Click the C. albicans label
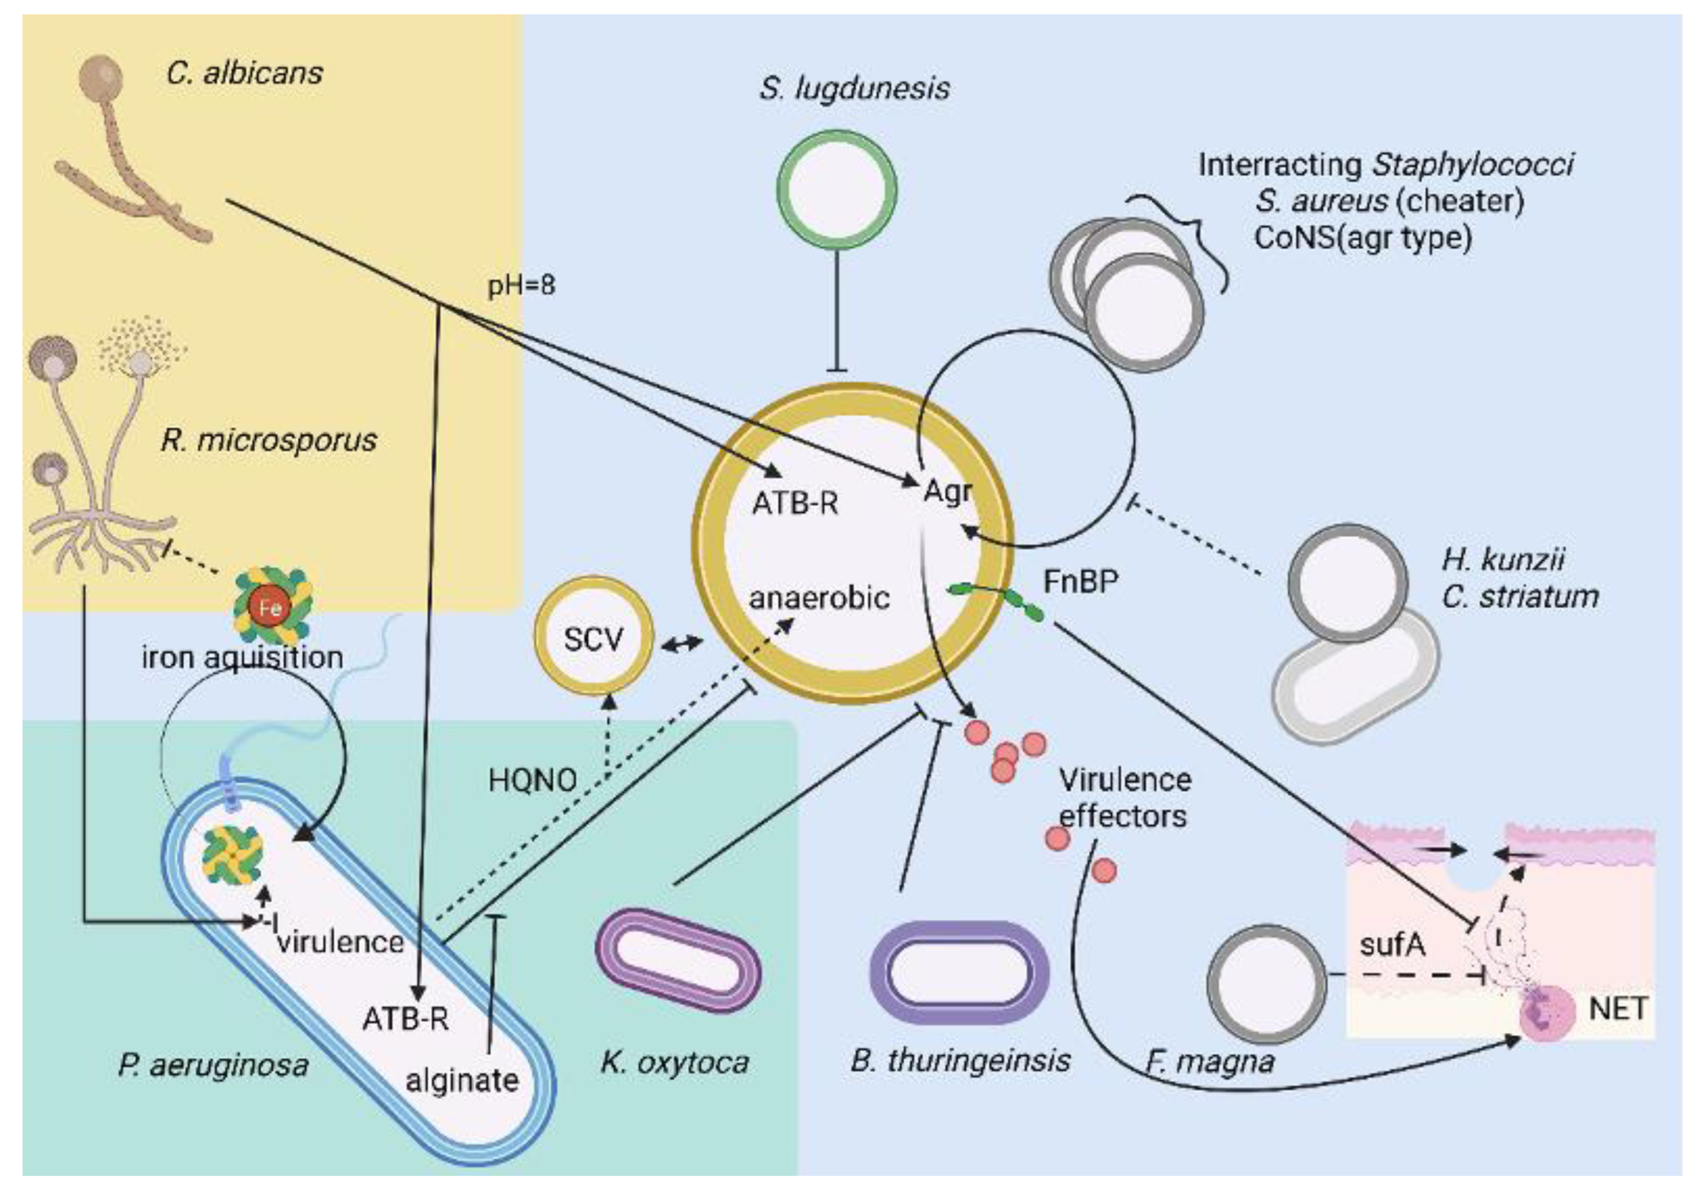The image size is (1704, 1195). point(244,73)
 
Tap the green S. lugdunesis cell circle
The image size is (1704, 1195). point(836,191)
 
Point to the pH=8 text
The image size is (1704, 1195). point(521,286)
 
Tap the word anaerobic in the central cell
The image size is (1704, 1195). point(819,597)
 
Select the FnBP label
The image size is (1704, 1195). point(1080,581)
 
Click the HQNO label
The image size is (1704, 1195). point(532,780)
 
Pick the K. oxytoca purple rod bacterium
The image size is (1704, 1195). point(679,960)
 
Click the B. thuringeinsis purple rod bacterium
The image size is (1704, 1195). point(959,973)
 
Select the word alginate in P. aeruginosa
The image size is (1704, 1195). point(462,1080)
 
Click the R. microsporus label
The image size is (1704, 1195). point(269,440)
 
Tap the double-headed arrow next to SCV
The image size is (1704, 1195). point(681,643)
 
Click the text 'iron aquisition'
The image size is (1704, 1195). point(242,658)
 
